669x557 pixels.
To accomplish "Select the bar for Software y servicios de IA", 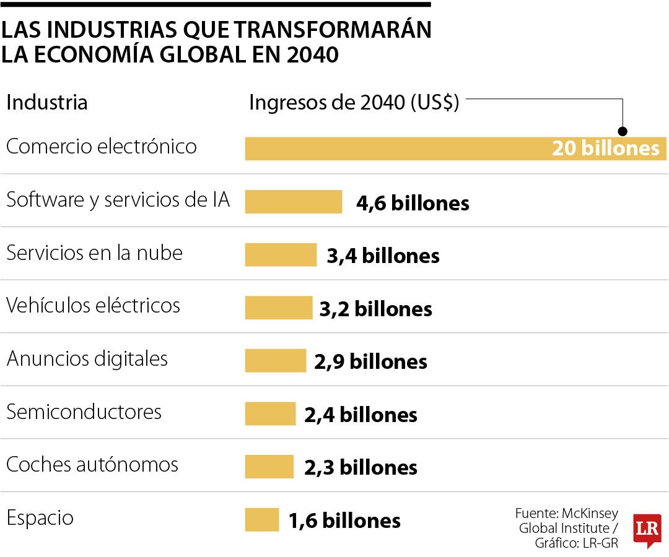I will tap(294, 202).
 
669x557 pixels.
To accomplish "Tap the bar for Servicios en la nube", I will tap(281, 255).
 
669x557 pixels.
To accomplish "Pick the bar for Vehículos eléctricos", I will tap(279, 308).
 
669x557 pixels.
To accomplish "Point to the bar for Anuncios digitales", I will tap(276, 361).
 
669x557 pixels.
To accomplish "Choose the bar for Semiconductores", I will tap(271, 414).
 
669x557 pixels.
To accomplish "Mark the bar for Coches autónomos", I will tap(269, 467).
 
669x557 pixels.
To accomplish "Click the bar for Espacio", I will tap(262, 520).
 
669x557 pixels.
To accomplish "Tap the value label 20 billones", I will tap(605, 149).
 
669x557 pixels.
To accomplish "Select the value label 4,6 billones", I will tap(413, 203).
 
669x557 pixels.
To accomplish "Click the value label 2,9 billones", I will tap(370, 361).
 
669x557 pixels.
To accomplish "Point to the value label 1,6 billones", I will tap(344, 520).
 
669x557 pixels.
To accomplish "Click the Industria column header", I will tap(47, 103).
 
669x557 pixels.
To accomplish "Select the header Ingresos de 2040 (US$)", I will tap(354, 103).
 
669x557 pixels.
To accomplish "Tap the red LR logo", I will tap(647, 530).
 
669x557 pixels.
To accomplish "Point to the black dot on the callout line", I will tap(623, 131).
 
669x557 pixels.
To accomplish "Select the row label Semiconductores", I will tap(84, 412).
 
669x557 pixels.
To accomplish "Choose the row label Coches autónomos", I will tap(92, 465).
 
